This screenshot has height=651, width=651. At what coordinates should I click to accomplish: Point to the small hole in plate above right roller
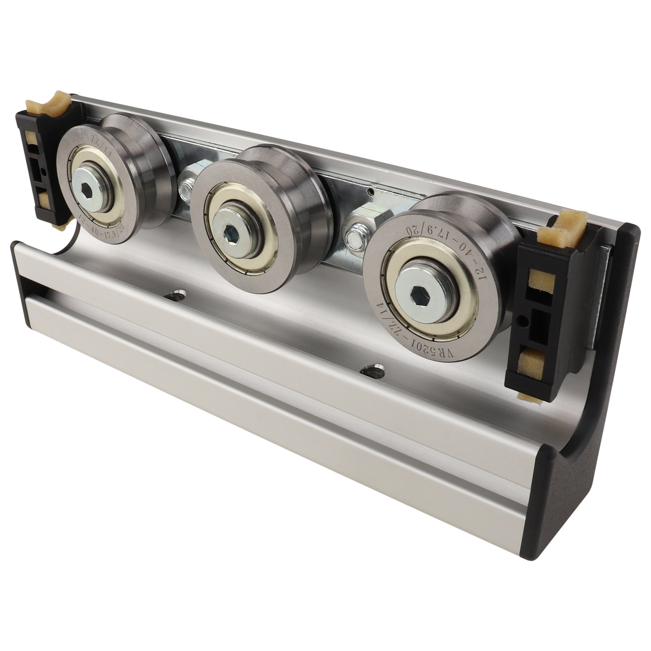pos(371,192)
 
